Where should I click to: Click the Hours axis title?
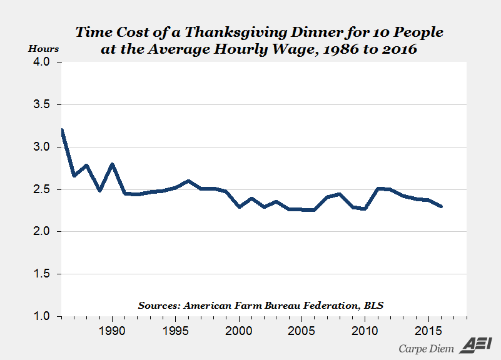[44, 48]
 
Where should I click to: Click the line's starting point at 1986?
[61, 130]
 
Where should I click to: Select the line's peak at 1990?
[113, 164]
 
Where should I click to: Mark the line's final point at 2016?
[441, 206]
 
